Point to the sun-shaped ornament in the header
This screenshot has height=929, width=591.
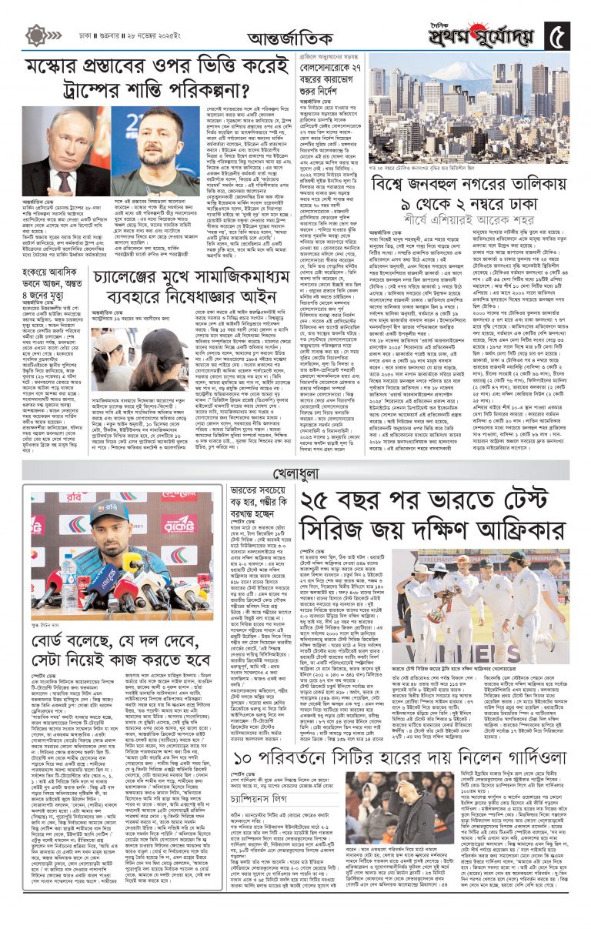(x=36, y=34)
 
